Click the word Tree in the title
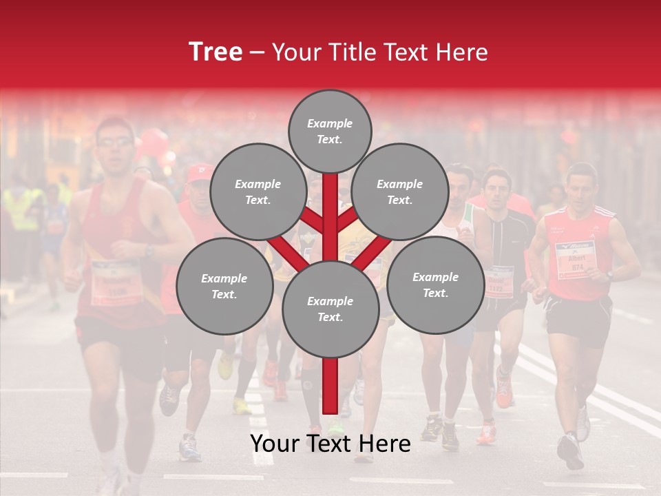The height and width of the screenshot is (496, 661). [216, 52]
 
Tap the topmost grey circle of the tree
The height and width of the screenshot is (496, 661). [330, 131]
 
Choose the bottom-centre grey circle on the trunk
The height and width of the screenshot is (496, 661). [330, 309]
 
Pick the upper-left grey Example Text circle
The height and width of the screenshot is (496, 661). [258, 192]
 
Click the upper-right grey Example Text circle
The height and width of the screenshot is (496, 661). [400, 192]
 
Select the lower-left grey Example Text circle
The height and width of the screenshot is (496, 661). [224, 286]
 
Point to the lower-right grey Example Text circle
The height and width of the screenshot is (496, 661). [435, 285]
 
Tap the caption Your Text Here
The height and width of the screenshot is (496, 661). [330, 444]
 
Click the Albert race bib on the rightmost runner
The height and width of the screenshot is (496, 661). [574, 260]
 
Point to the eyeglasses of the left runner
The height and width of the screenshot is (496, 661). [114, 143]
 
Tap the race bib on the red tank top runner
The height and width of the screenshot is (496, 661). [116, 281]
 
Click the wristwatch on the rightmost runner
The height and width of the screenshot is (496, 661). [609, 275]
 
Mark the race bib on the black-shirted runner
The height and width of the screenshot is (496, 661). [499, 281]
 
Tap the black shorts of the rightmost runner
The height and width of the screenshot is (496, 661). [579, 320]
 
